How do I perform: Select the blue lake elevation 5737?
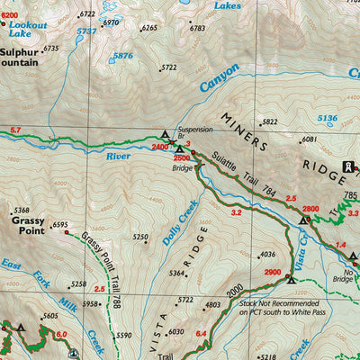[86, 31]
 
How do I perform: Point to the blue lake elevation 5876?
[122, 56]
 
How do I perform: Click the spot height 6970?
[110, 22]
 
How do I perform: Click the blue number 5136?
[327, 118]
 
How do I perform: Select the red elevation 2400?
[160, 146]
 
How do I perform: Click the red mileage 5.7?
[14, 131]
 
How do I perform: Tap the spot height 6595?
[60, 226]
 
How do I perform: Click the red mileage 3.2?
[236, 213]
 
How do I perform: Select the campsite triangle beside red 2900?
[291, 279]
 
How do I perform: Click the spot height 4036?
[266, 255]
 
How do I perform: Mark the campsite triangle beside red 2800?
[304, 219]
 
